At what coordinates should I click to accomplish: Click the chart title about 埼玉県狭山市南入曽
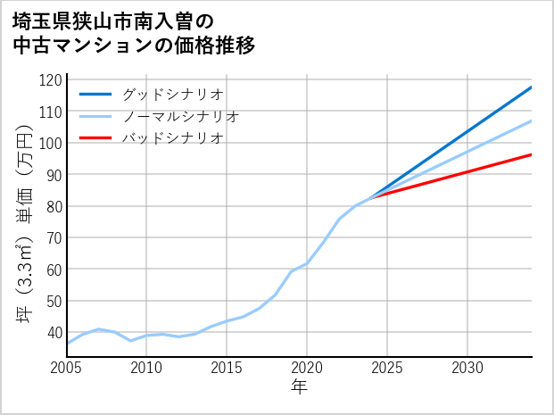pyautogui.click(x=134, y=33)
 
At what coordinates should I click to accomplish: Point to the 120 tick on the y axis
pyautogui.click(x=51, y=80)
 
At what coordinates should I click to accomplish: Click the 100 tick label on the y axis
pyautogui.click(x=51, y=143)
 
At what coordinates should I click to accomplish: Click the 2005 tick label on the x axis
pyautogui.click(x=66, y=368)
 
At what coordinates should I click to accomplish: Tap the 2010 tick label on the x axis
pyautogui.click(x=146, y=368)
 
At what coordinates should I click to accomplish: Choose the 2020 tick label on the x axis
pyautogui.click(x=307, y=368)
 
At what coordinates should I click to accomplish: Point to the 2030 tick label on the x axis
pyautogui.click(x=467, y=368)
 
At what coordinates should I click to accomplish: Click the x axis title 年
pyautogui.click(x=300, y=387)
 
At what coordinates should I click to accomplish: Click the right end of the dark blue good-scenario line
pyautogui.click(x=532, y=87)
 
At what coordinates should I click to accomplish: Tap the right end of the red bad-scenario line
pyautogui.click(x=532, y=154)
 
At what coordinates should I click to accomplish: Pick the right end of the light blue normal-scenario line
pyautogui.click(x=532, y=120)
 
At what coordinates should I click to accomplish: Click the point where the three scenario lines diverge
pyautogui.click(x=371, y=196)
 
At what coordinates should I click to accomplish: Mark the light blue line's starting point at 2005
pyautogui.click(x=67, y=344)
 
